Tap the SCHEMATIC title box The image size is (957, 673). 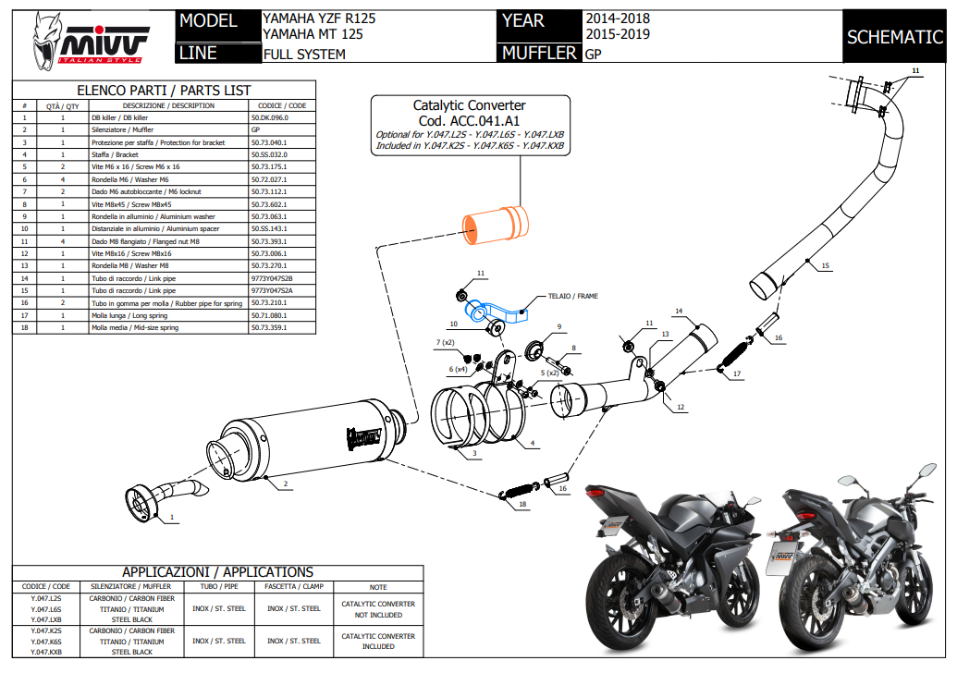click(x=894, y=38)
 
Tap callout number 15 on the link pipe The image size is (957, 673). click(x=826, y=266)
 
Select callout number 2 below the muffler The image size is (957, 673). click(x=286, y=484)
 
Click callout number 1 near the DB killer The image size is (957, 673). click(x=170, y=520)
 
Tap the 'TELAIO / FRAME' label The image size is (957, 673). click(x=572, y=297)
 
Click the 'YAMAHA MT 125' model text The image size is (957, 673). click(x=313, y=34)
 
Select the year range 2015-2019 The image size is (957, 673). click(x=617, y=34)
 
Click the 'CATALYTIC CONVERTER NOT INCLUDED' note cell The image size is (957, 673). click(x=378, y=608)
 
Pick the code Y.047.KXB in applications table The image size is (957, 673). click(x=46, y=652)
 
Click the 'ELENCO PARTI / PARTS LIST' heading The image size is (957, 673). click(x=164, y=91)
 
